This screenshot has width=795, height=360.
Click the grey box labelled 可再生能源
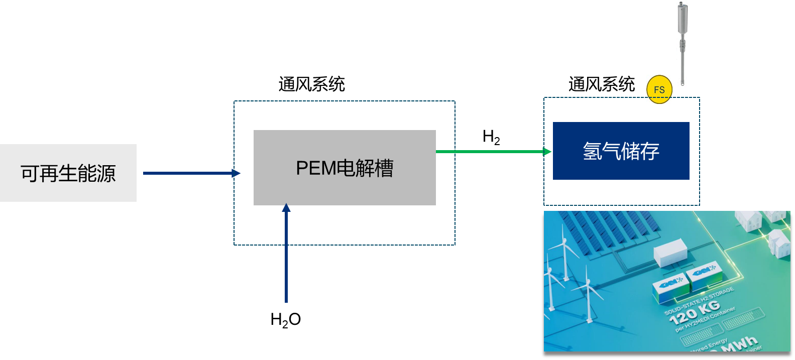tap(68, 173)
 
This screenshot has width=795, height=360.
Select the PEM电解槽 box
tap(345, 168)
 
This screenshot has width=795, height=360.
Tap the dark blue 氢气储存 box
tap(621, 151)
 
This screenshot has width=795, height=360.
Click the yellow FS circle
tap(659, 89)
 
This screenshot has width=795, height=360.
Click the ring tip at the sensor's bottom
tap(683, 83)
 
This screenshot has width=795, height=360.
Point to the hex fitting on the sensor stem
tap(683, 45)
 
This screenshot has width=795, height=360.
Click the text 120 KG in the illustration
tap(695, 312)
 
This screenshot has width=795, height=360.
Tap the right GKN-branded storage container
tap(705, 275)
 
